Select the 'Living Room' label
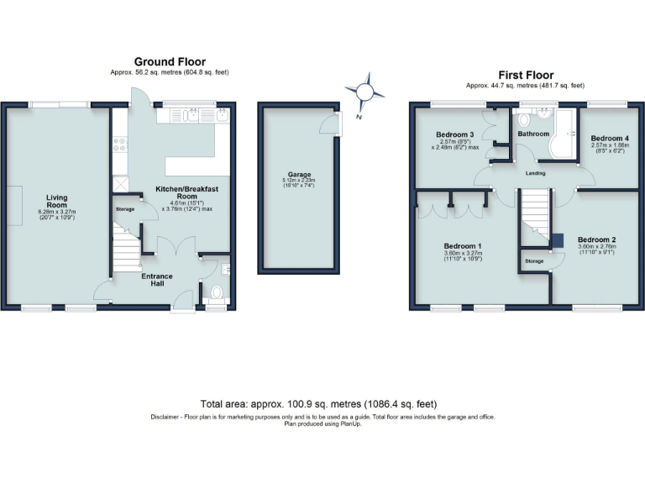(x=56, y=202)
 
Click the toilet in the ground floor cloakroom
(x=216, y=294)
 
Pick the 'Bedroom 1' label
(x=461, y=245)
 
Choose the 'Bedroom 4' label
(x=609, y=139)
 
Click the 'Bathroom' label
(x=533, y=134)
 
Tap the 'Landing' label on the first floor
(x=535, y=173)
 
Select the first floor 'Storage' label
(x=535, y=261)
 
